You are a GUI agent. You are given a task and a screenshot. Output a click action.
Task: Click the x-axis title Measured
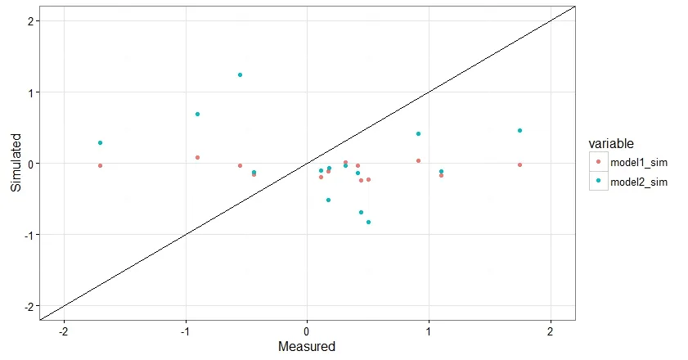coord(307,347)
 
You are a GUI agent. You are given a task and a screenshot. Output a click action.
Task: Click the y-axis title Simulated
coord(16,164)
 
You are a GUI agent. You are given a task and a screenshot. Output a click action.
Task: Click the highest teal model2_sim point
coord(240,75)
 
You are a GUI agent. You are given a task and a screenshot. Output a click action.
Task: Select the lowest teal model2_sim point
coord(368,222)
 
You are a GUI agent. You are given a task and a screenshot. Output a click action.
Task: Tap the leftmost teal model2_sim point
coord(100,143)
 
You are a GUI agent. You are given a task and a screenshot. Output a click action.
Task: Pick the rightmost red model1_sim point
coord(519,165)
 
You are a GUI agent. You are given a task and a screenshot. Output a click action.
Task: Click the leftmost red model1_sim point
coord(100,166)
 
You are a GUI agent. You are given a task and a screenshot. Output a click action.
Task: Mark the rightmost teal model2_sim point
coord(519,131)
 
